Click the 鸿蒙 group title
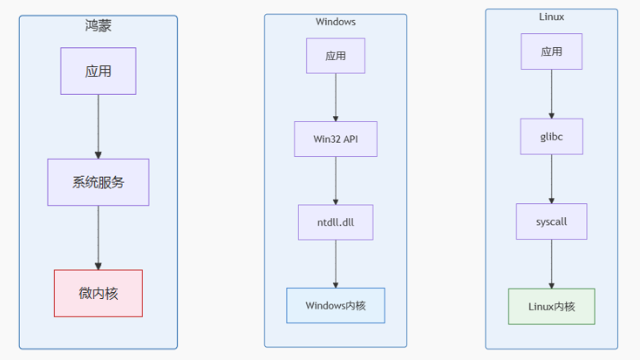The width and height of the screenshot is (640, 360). (x=99, y=26)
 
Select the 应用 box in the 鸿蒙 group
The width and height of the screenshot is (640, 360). (x=99, y=71)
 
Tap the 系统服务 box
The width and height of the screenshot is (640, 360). (x=99, y=182)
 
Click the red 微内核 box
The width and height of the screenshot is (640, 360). (x=99, y=293)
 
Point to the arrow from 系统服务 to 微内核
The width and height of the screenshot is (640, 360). (x=99, y=238)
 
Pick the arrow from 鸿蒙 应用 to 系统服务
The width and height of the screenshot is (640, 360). (x=99, y=126)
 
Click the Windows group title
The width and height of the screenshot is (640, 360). (x=336, y=22)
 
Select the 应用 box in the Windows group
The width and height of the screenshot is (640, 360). (x=336, y=56)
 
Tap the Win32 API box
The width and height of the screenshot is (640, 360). (x=336, y=139)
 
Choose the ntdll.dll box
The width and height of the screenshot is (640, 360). (x=336, y=222)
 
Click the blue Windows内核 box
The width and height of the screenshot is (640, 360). (x=336, y=305)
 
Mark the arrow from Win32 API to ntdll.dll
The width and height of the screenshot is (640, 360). (x=336, y=180)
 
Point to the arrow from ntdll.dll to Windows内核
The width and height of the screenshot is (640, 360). (x=336, y=263)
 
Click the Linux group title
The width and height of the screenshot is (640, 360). (x=551, y=17)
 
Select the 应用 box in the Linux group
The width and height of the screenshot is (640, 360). (x=551, y=51)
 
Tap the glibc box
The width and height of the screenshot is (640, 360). (x=551, y=136)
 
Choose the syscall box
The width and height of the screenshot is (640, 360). (x=551, y=221)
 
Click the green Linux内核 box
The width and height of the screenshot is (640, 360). (x=551, y=307)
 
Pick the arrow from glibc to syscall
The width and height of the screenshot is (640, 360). (x=551, y=179)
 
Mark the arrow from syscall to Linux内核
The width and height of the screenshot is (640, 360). (x=551, y=264)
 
